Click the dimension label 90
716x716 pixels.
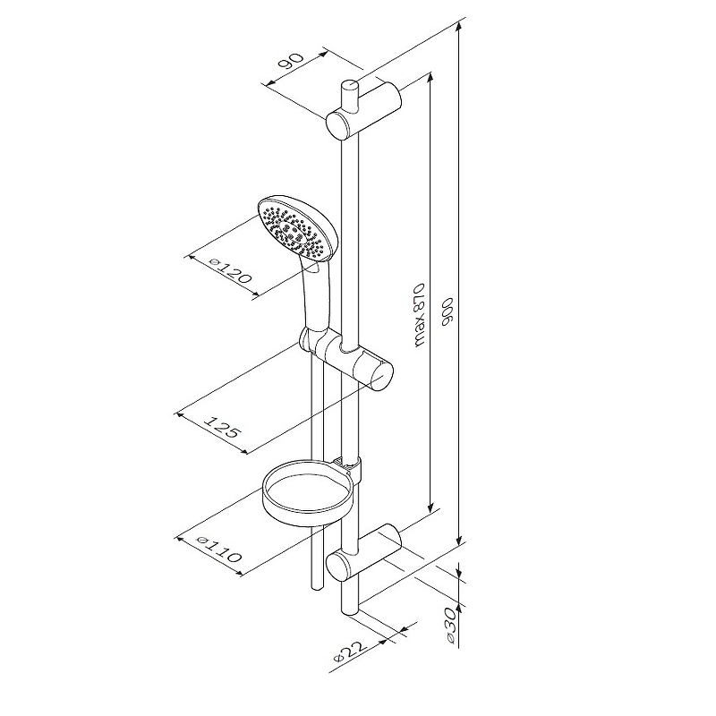291,61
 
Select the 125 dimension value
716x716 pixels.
221,426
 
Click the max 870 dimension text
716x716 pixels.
419,316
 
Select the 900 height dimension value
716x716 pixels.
447,312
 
